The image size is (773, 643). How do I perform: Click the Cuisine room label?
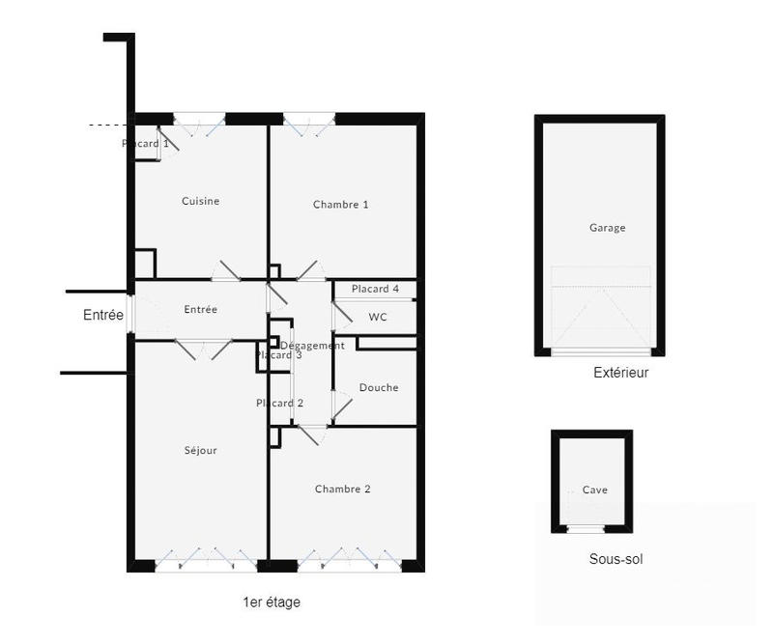pos(201,202)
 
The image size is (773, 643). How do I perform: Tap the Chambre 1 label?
pos(341,205)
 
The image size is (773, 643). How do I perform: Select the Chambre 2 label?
pos(342,489)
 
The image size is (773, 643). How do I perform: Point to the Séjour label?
pos(201,450)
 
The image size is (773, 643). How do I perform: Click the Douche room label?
pos(379,388)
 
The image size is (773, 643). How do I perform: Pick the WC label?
pos(378,317)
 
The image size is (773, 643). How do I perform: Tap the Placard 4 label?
pos(375,289)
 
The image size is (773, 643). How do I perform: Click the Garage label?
pos(608,228)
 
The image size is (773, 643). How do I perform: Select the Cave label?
pos(595,490)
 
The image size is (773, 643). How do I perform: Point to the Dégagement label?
pos(312,346)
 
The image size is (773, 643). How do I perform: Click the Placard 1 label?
pos(146,144)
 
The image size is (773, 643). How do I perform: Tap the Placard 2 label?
pos(280,404)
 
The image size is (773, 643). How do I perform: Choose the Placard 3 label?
pos(279,355)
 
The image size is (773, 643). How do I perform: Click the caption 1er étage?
pos(272,602)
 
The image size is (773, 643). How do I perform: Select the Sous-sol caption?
pos(616,559)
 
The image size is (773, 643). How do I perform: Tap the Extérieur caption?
pos(621,373)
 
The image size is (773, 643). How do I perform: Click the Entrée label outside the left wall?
pos(103,315)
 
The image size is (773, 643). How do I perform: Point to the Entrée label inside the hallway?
pos(201,310)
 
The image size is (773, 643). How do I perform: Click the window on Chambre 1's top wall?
pos(310,120)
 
